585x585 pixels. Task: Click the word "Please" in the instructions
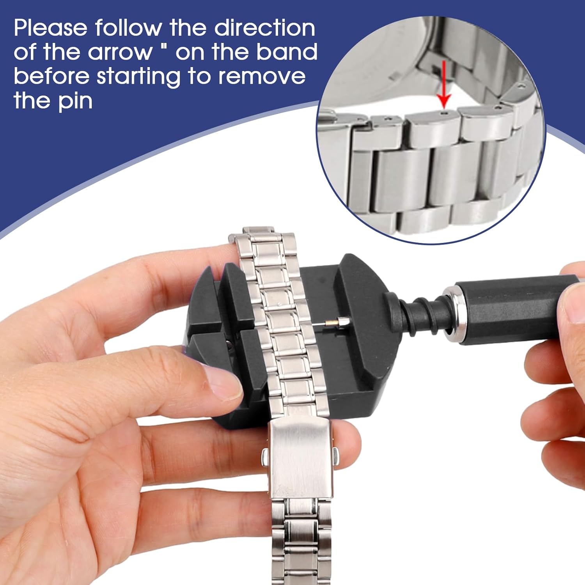tap(51, 28)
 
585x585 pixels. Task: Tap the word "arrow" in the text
tap(120, 52)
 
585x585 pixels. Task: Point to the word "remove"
tap(262, 76)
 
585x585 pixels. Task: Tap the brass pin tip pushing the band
tap(331, 323)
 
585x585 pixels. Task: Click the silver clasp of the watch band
tap(300, 460)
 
